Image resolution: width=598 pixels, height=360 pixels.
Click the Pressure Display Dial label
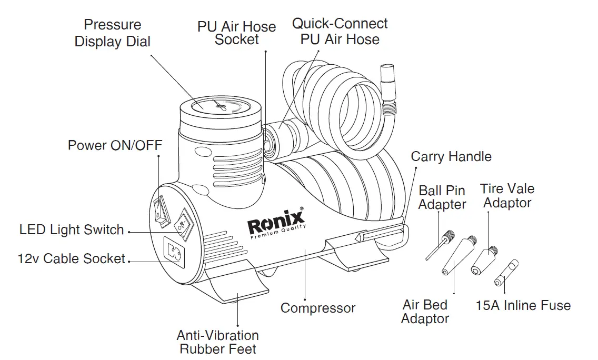click(x=113, y=33)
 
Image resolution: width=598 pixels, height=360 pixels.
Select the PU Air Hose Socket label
click(x=236, y=33)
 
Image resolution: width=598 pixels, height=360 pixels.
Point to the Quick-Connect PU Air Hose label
click(x=340, y=32)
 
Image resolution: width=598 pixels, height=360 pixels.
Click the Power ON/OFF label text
click(x=115, y=145)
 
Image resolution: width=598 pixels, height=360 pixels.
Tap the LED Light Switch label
click(x=72, y=230)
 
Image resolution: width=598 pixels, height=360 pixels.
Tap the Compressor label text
click(x=318, y=308)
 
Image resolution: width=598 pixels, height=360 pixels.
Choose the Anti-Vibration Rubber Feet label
click(x=217, y=342)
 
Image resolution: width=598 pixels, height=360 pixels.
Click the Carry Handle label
click(x=451, y=156)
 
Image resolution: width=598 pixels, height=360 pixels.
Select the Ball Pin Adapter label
click(x=442, y=197)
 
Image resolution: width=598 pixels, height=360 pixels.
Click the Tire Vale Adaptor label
click(x=507, y=196)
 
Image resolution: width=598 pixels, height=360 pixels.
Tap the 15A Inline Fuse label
click(x=523, y=305)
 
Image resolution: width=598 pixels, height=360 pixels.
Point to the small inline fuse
click(x=506, y=273)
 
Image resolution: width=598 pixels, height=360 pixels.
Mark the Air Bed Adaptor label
click(x=425, y=312)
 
